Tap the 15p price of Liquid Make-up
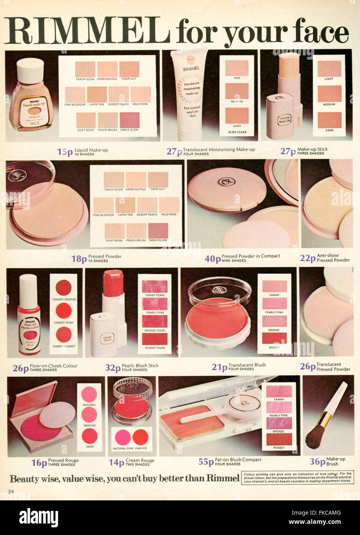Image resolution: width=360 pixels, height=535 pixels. [x=65, y=152]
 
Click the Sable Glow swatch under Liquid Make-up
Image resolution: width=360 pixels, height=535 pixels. [x=129, y=120]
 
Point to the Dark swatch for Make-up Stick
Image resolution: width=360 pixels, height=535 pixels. [x=329, y=120]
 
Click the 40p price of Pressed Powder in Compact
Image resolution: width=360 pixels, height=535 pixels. [x=213, y=259]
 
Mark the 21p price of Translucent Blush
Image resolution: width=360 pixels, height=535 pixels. [x=219, y=367]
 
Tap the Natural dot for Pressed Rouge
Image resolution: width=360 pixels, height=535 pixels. [x=89, y=394]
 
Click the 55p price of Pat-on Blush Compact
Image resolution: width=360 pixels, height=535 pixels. [x=206, y=462]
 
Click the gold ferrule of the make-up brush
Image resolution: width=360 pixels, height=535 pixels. [x=327, y=416]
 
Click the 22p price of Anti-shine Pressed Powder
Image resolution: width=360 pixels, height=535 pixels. [x=308, y=258]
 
